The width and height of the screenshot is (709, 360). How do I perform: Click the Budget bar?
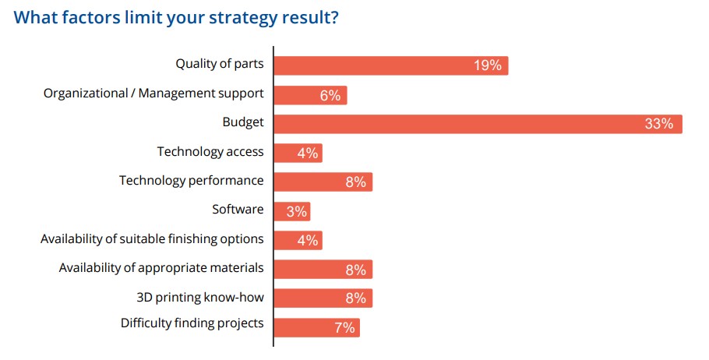point(478,124)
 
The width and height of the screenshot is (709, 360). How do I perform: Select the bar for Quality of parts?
point(390,65)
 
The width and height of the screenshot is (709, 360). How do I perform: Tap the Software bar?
point(292,211)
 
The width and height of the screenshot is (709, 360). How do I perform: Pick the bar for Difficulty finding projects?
point(316,328)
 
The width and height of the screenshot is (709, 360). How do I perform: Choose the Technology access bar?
point(298,154)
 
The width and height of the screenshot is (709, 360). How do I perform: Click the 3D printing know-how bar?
point(323,298)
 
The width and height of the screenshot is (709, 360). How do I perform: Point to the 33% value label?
point(659,124)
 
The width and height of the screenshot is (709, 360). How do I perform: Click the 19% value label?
point(488,65)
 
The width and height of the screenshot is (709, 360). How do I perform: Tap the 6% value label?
point(330,95)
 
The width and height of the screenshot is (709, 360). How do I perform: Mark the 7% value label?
point(344,328)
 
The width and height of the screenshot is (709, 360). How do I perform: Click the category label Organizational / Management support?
point(153,94)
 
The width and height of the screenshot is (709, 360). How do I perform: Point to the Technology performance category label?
point(192,181)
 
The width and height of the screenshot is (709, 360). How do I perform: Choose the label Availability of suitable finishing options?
point(152,238)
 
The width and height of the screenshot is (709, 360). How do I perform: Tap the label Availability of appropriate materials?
point(161,268)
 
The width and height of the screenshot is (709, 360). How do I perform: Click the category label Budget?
point(243,122)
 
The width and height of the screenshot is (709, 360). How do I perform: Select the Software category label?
point(238,210)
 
